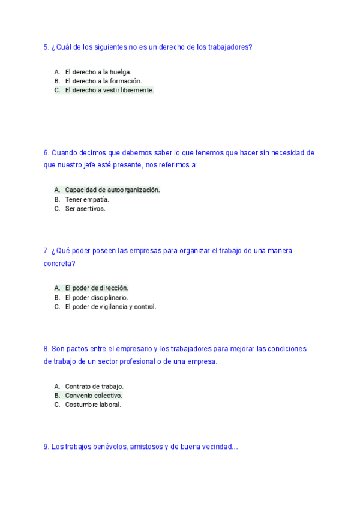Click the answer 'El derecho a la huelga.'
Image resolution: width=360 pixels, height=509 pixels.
click(98, 71)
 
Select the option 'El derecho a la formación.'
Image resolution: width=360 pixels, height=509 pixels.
click(103, 81)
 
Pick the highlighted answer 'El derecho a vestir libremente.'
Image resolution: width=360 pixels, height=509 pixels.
click(109, 91)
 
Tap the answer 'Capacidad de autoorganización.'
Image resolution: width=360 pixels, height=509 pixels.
click(112, 190)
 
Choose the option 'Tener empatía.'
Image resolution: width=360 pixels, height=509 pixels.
click(87, 199)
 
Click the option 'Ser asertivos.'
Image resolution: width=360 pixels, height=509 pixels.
click(85, 209)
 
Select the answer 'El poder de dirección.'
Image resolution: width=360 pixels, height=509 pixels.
click(97, 288)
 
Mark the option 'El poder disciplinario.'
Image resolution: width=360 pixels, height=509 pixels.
click(97, 297)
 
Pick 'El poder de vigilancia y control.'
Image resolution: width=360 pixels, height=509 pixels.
click(110, 307)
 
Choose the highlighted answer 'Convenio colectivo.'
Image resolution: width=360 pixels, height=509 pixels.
click(94, 396)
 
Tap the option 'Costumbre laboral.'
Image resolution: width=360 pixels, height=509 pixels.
click(93, 405)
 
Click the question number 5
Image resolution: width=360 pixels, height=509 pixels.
click(46, 47)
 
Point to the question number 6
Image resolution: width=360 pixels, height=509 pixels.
click(46, 153)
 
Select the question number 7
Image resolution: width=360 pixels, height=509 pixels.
click(46, 251)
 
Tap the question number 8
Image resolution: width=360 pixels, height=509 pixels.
click(46, 349)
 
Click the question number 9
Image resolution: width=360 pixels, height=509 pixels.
click(46, 447)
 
